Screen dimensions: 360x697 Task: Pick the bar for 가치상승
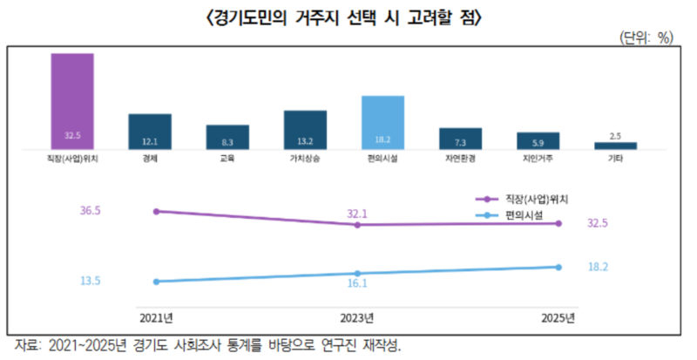point(305,129)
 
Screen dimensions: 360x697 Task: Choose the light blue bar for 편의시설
point(382,122)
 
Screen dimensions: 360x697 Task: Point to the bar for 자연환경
point(460,138)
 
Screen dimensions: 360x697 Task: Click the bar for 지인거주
point(538,140)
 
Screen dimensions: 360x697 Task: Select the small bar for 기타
point(615,145)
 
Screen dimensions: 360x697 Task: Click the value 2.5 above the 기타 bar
point(615,136)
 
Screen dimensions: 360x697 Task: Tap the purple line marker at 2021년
point(156,211)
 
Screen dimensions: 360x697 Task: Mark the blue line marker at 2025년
point(558,267)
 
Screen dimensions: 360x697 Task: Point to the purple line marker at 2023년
point(357,225)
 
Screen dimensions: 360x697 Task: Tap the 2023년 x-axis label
point(357,316)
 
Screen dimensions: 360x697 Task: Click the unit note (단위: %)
point(646,37)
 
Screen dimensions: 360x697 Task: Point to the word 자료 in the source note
point(29,344)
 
